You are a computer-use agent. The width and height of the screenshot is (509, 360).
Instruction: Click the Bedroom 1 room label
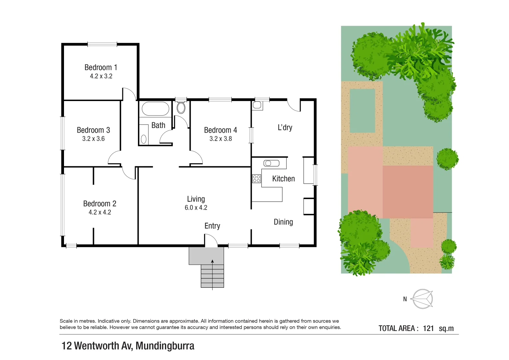[101, 67]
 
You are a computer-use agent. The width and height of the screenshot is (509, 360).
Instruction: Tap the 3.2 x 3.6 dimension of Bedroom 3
[93, 139]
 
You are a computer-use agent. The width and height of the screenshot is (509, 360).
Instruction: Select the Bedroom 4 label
[220, 130]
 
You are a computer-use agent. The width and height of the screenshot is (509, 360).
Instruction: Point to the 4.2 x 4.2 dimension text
[100, 212]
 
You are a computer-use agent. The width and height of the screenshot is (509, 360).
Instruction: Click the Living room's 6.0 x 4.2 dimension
[196, 208]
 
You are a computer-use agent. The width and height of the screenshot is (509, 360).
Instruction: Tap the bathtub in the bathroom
[155, 109]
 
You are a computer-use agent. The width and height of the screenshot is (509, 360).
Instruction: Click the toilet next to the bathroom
[181, 107]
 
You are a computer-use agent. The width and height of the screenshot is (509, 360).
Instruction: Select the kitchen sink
[271, 163]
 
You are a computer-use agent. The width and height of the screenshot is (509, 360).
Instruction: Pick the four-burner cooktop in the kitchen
[256, 178]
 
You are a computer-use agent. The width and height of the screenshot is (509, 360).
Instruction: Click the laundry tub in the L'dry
[257, 105]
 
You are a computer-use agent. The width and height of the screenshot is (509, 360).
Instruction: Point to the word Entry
[212, 226]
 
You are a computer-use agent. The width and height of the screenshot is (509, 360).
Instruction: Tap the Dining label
[283, 222]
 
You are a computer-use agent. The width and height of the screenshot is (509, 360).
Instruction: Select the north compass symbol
[422, 299]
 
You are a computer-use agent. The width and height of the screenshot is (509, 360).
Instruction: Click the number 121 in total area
[428, 328]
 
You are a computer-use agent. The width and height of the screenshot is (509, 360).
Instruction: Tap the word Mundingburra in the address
[165, 346]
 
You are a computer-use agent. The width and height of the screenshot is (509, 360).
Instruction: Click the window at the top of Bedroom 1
[102, 44]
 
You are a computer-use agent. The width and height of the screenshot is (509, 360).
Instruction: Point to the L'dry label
[285, 127]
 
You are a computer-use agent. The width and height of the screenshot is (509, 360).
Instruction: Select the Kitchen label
[283, 179]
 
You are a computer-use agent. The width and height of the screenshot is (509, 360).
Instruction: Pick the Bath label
[158, 125]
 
